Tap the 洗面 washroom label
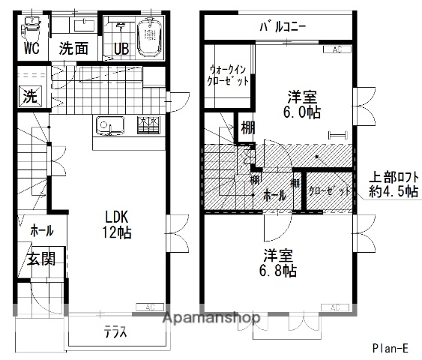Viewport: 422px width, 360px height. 73,49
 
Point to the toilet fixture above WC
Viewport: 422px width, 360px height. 31,30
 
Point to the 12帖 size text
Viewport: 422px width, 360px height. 118,232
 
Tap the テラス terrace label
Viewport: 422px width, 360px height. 115,333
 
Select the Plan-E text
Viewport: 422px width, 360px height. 390,348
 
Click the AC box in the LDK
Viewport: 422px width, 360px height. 149,306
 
